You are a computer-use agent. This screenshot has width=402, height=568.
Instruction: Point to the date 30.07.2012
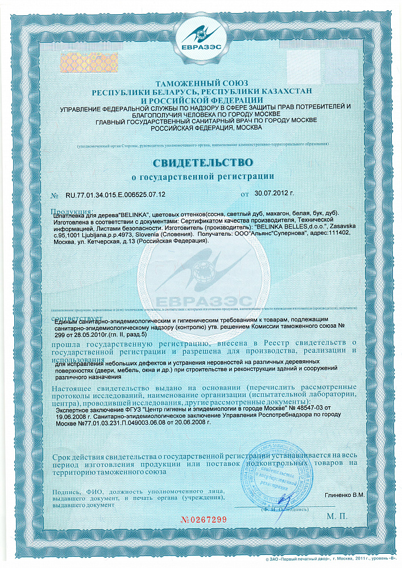(x=273, y=194)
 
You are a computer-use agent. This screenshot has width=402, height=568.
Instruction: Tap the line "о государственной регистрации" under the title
(x=202, y=177)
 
